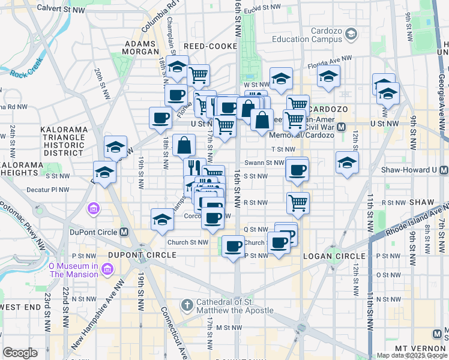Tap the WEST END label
click(20, 307)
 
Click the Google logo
click(20, 353)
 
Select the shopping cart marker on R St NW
click(298, 203)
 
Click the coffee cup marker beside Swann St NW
click(297, 170)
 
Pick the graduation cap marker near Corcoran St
click(162, 220)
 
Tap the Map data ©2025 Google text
click(411, 355)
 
